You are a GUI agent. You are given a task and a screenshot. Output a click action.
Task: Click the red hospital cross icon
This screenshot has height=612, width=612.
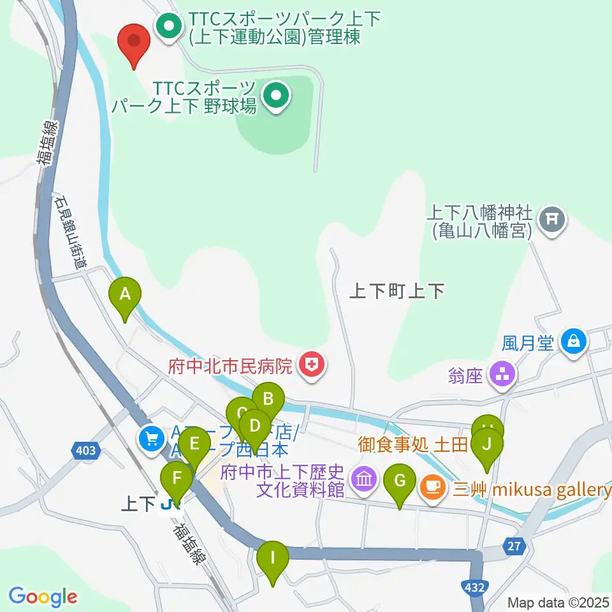312,365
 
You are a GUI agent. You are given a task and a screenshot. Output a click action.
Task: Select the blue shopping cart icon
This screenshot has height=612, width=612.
152,438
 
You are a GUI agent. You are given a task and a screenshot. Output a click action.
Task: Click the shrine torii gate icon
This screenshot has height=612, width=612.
552,221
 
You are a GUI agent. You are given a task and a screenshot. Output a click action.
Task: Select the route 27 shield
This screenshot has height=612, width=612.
514,546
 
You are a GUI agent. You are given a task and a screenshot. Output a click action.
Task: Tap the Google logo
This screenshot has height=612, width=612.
43,597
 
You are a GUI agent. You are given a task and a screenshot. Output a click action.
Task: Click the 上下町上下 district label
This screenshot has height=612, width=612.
397,292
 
